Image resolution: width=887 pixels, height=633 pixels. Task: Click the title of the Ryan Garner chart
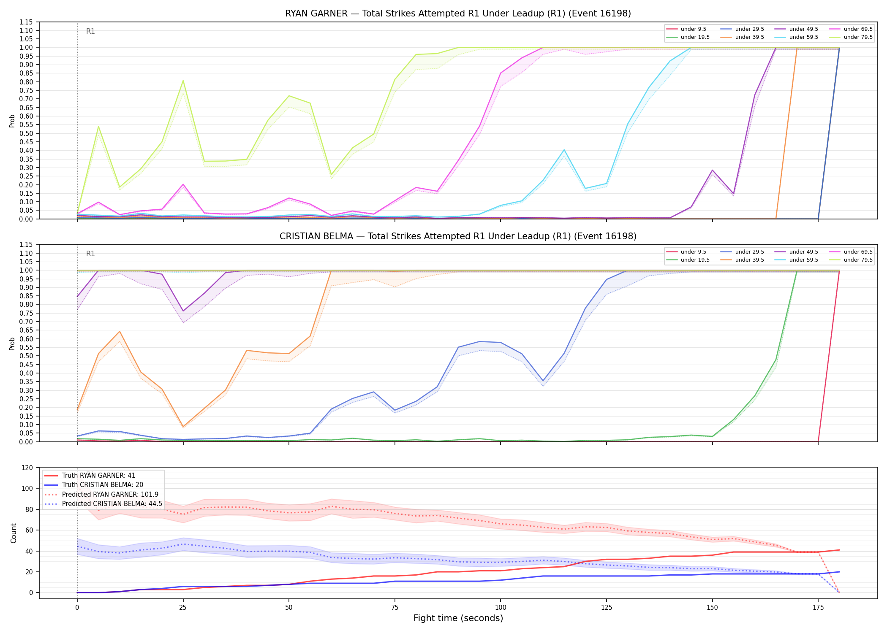(x=458, y=14)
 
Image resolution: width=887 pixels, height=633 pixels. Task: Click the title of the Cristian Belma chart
(x=458, y=236)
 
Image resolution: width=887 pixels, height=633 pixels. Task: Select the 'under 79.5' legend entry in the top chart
(x=852, y=37)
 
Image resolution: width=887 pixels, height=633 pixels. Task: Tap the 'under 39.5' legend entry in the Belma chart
(x=742, y=260)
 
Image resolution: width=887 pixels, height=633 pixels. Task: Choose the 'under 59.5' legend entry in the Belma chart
(x=797, y=260)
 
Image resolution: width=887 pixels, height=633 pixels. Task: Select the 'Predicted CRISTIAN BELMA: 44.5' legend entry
(x=103, y=504)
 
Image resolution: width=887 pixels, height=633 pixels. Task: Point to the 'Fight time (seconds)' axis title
(x=458, y=618)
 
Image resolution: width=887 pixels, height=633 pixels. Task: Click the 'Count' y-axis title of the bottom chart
(x=14, y=533)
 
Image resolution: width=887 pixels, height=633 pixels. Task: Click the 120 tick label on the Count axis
(x=27, y=468)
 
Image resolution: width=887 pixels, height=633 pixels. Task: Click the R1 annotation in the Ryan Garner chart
(x=90, y=31)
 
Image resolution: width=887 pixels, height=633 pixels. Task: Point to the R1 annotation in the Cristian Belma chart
(x=90, y=254)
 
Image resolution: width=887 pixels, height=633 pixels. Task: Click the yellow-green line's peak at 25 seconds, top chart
(x=183, y=81)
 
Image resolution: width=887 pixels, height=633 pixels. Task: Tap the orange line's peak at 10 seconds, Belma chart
(x=120, y=331)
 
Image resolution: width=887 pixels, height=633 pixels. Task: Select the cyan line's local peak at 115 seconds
(x=564, y=150)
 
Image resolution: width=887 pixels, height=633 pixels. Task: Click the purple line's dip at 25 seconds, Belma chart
(x=183, y=311)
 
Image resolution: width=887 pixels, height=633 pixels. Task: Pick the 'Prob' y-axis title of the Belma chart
(x=12, y=344)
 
